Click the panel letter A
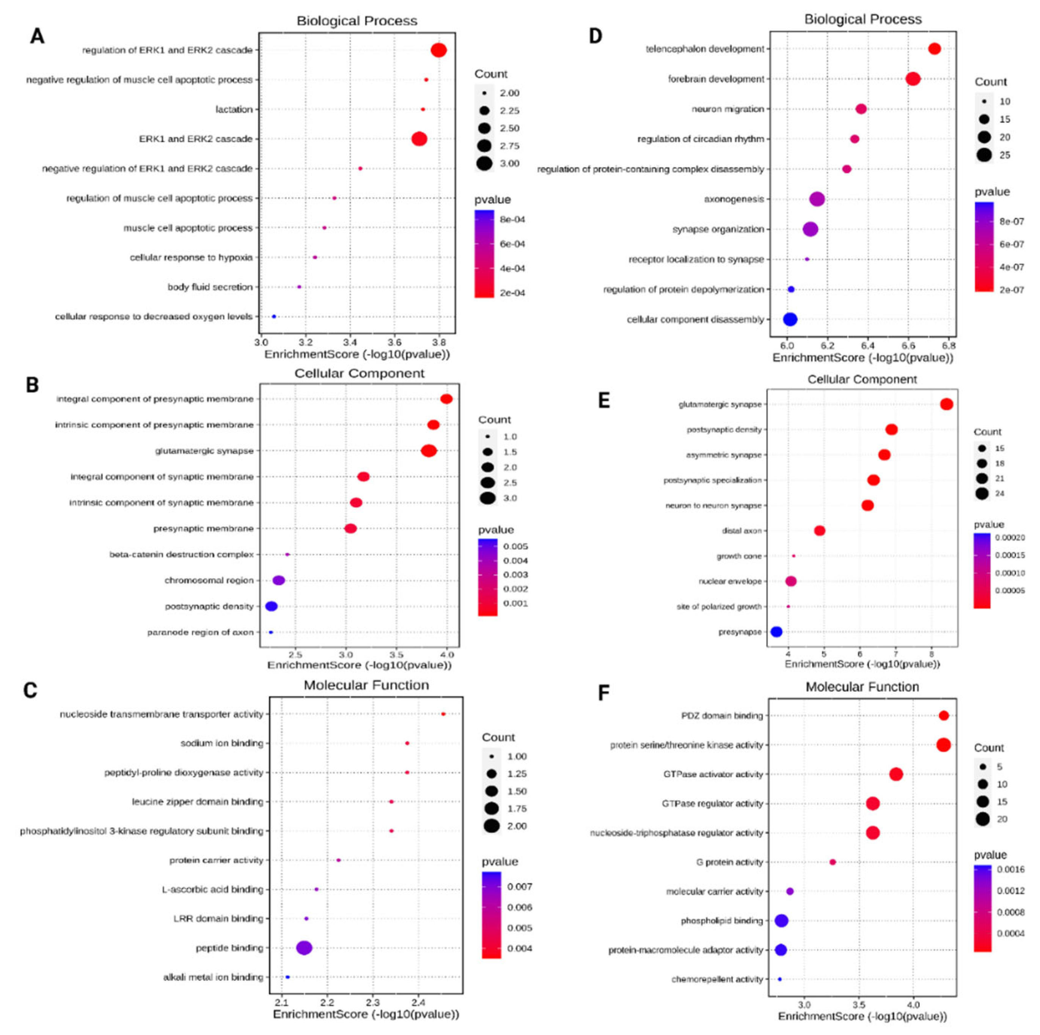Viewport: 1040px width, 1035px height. tap(37, 36)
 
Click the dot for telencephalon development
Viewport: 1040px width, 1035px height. tap(935, 49)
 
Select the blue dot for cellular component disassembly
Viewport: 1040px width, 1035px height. tap(790, 319)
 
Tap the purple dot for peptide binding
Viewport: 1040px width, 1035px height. tap(304, 948)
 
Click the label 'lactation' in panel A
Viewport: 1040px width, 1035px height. tap(234, 109)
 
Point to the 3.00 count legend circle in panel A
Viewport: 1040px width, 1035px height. tap(484, 163)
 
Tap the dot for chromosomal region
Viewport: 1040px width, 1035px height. tap(278, 580)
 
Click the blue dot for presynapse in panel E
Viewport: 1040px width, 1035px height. tap(776, 632)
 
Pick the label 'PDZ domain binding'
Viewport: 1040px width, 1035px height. tap(722, 716)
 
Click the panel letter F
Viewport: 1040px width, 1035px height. tap(604, 693)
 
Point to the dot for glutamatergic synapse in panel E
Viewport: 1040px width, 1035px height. tap(946, 404)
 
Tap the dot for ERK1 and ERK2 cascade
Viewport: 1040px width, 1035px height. tap(419, 139)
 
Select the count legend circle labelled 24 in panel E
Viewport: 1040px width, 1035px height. tap(982, 493)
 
